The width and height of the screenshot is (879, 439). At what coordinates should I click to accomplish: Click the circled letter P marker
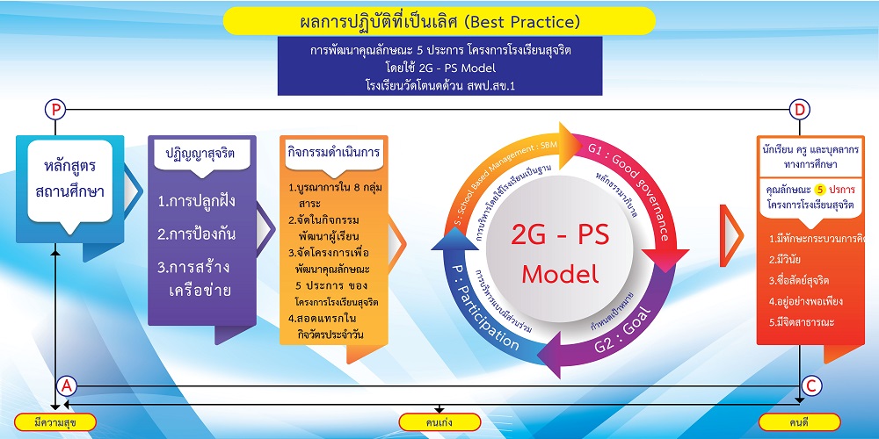[55, 110]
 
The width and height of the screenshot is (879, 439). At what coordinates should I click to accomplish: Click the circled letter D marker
[799, 110]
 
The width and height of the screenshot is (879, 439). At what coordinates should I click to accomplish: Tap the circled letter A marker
[67, 385]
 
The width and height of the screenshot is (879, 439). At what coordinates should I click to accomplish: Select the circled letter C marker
[811, 385]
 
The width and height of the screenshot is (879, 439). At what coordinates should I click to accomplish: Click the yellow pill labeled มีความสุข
[55, 421]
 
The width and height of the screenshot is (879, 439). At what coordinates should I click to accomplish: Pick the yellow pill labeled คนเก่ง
[439, 421]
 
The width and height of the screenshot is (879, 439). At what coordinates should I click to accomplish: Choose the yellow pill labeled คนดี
[799, 421]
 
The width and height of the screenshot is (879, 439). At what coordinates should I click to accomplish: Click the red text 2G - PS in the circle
[559, 235]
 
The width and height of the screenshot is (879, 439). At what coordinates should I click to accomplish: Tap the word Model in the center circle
[560, 274]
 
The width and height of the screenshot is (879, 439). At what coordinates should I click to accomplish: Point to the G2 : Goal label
[623, 331]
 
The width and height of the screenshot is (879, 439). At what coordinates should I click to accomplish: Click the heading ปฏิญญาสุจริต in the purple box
[200, 154]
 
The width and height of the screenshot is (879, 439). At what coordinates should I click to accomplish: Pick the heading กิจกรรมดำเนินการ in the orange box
[333, 152]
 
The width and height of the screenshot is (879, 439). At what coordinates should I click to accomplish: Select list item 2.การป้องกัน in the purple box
[196, 234]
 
